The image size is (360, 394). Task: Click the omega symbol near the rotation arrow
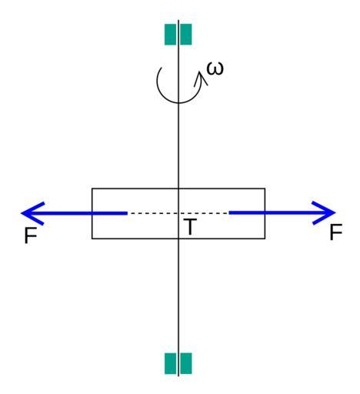[215, 68]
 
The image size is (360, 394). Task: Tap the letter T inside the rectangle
[190, 227]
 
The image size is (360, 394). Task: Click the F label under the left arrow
[31, 235]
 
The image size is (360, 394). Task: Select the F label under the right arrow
[336, 232]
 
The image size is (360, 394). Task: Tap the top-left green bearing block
[170, 35]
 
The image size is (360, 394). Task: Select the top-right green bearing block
[186, 35]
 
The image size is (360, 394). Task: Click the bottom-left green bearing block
[170, 363]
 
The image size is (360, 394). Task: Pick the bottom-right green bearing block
[186, 363]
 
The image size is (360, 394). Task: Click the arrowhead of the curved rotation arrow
[201, 78]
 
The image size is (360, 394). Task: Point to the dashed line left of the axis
[153, 213]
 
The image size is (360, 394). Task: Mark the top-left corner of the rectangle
[92, 189]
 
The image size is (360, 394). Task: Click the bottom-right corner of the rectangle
[265, 239]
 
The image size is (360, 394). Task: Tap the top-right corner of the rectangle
[265, 189]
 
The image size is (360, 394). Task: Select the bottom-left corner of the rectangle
[92, 239]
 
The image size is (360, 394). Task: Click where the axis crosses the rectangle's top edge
[178, 189]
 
